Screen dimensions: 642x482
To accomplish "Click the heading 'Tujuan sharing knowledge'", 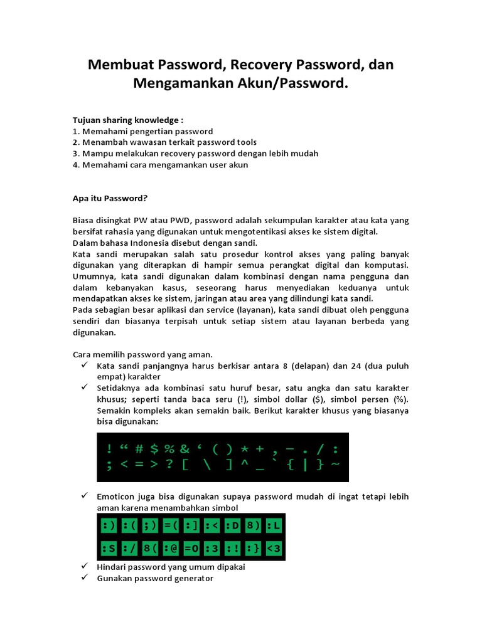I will pyautogui.click(x=128, y=120).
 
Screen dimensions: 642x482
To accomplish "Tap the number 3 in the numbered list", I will pyautogui.click(x=75, y=154).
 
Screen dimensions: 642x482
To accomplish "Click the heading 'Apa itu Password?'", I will pyautogui.click(x=110, y=199).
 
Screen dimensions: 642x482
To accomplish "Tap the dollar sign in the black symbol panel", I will pyautogui.click(x=154, y=448).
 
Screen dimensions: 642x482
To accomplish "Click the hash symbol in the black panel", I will pyautogui.click(x=139, y=448).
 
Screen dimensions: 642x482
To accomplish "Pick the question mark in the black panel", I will pyautogui.click(x=169, y=465).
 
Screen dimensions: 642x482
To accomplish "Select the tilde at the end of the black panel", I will pyautogui.click(x=335, y=465).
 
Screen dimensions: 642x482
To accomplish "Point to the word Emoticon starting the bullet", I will pyautogui.click(x=117, y=497).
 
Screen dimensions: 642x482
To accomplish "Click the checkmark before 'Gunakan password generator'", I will pyautogui.click(x=85, y=578).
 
